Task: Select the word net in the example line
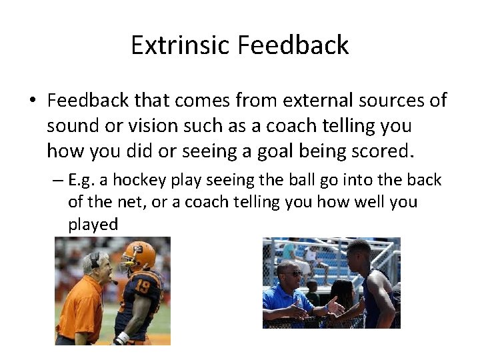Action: (x=133, y=202)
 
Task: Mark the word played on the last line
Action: (x=93, y=224)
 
